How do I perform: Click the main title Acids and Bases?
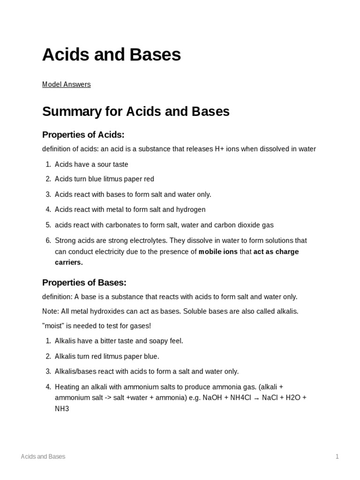pos(111,55)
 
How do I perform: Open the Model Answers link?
pos(66,84)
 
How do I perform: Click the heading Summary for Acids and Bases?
pos(135,112)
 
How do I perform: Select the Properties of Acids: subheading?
pos(83,135)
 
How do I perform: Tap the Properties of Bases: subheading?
pos(84,283)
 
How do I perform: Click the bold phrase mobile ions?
pos(218,252)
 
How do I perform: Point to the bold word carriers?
pos(68,262)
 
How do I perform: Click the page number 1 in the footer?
pos(337,457)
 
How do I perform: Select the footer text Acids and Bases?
pos(43,457)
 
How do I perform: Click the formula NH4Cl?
pos(240,397)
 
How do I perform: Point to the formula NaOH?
pos(213,397)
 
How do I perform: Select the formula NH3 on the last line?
pos(62,409)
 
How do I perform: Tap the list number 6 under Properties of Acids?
pos(48,240)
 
